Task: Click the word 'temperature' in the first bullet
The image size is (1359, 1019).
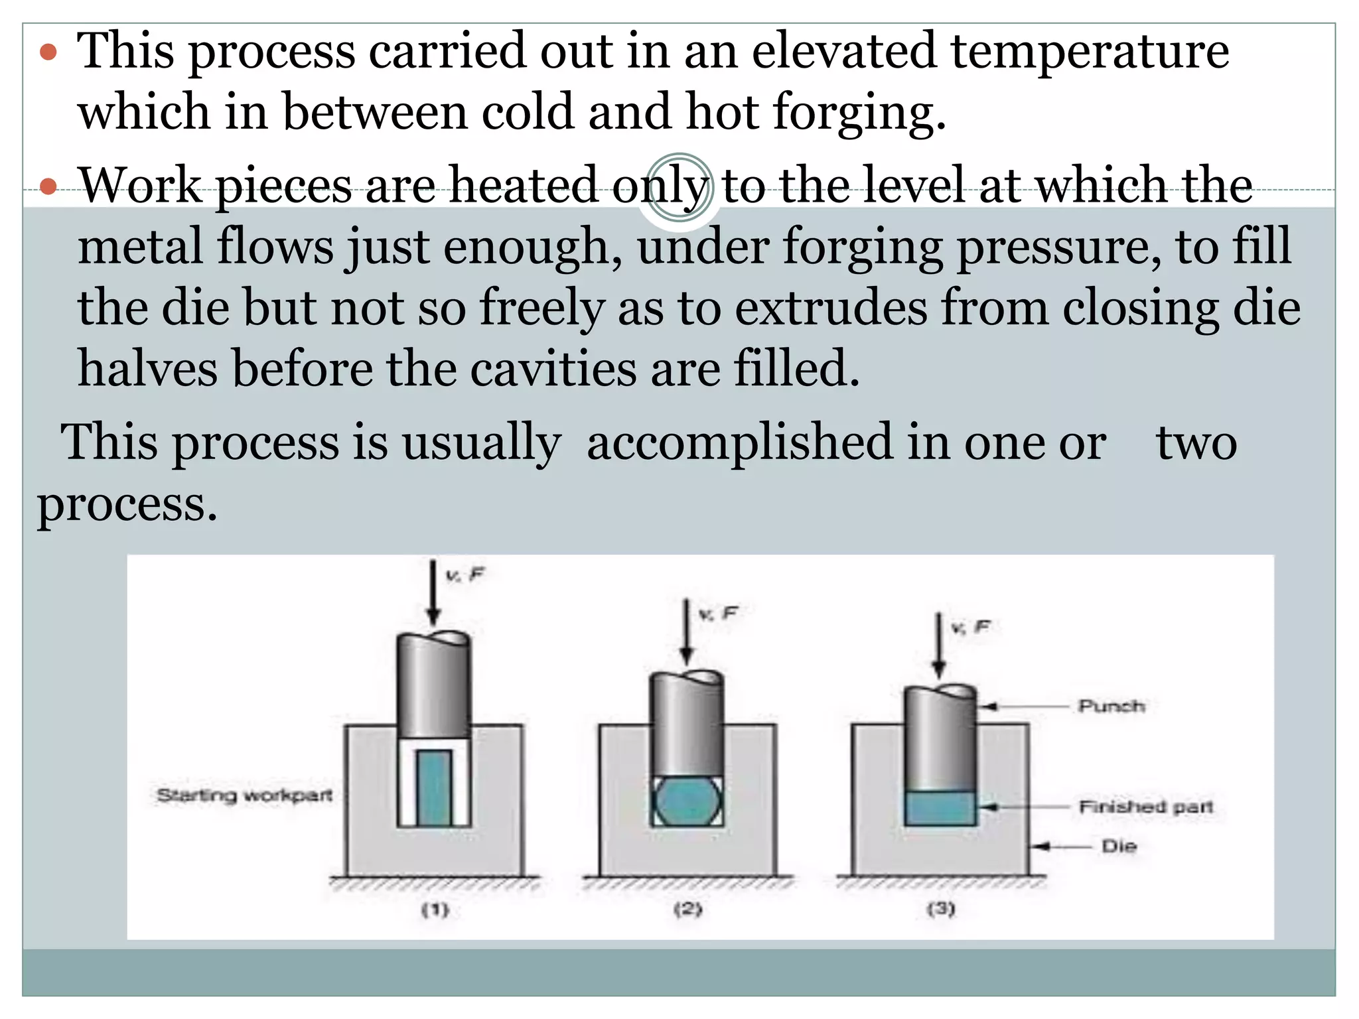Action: click(x=1090, y=51)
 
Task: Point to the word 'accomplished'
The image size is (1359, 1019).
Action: click(x=740, y=442)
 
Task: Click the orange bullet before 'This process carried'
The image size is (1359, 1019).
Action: click(x=48, y=52)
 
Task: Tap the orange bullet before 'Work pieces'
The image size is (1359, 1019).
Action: click(x=48, y=186)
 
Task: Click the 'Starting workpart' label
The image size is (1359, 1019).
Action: click(x=244, y=795)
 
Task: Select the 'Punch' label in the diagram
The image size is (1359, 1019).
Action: click(x=1111, y=706)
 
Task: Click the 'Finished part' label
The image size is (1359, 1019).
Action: click(x=1145, y=807)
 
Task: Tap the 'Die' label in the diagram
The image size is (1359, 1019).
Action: click(x=1119, y=846)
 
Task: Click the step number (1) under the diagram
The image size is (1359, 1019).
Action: click(x=435, y=910)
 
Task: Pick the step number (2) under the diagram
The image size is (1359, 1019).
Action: click(x=687, y=909)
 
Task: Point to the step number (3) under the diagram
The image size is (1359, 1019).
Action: click(x=940, y=908)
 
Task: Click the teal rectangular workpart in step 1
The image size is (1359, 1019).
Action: click(x=435, y=788)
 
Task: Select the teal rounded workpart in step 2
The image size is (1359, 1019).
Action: click(x=687, y=801)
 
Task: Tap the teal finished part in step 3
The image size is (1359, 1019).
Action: click(x=940, y=808)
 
